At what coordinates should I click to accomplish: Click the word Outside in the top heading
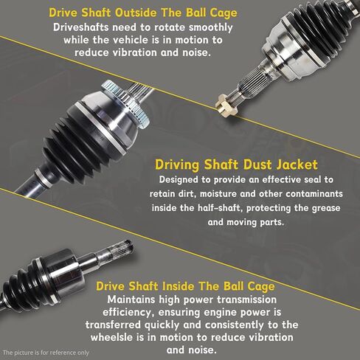[x=116, y=13]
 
